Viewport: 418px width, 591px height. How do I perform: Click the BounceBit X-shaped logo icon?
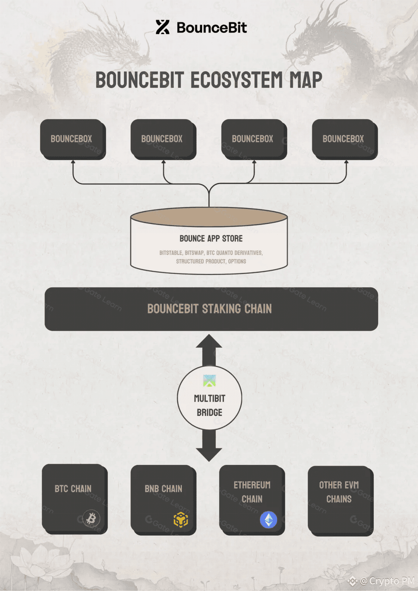click(163, 27)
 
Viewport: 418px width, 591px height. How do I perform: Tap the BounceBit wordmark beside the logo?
click(212, 27)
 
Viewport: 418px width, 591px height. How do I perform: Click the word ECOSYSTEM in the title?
click(236, 80)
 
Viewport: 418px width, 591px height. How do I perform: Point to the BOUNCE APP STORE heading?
click(211, 238)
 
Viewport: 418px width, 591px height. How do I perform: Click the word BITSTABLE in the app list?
click(171, 253)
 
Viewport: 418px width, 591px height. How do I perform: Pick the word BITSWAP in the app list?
click(194, 253)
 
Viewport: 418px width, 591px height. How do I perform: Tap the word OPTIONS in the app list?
click(237, 261)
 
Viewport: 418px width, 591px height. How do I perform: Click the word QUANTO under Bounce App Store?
click(224, 253)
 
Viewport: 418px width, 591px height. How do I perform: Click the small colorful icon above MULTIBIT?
click(209, 381)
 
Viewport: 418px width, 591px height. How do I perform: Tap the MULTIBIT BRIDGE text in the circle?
click(209, 405)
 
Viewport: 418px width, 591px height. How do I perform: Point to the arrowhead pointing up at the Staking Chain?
click(209, 341)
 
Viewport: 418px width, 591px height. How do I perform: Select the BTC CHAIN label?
click(73, 489)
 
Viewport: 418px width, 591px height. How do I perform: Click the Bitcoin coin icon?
click(91, 518)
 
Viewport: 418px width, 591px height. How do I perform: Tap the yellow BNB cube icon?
click(181, 519)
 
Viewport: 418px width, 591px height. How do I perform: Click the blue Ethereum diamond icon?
click(268, 519)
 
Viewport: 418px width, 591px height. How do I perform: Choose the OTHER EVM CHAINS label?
click(339, 492)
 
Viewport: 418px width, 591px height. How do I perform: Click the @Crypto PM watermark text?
click(387, 581)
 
